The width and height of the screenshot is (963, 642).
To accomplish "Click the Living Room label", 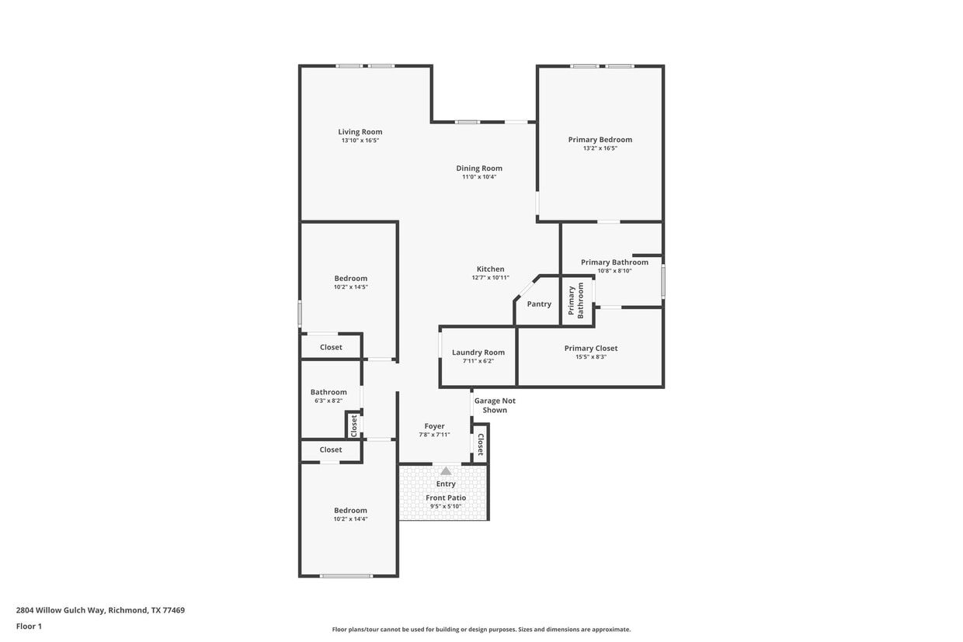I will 360,132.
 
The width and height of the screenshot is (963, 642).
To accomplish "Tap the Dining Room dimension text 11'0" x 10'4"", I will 479,177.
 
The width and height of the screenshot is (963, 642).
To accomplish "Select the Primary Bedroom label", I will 600,140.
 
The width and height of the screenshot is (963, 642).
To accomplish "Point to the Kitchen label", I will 490,269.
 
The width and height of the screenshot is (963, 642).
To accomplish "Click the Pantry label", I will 539,304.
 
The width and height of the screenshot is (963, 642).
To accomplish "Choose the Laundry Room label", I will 478,352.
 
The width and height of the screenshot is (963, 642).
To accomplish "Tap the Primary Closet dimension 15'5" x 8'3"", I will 591,356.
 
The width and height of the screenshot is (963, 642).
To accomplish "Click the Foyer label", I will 434,426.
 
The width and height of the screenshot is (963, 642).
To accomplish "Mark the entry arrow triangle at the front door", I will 446,471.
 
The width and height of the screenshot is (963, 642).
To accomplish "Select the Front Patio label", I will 446,498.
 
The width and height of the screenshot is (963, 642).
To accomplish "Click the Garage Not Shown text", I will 495,405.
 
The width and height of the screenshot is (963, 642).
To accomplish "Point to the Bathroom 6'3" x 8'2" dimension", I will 329,401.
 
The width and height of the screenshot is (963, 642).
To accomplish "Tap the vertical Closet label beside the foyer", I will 481,444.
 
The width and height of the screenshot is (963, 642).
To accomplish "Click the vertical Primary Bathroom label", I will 575,300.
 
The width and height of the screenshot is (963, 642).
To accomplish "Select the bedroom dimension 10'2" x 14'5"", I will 350,287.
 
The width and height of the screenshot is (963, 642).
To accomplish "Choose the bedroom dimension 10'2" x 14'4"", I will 350,519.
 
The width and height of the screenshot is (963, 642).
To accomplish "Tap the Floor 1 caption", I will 29,626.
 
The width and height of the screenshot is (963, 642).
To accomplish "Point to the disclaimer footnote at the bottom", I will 481,630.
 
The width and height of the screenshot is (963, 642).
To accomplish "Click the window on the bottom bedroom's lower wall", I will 346,576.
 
